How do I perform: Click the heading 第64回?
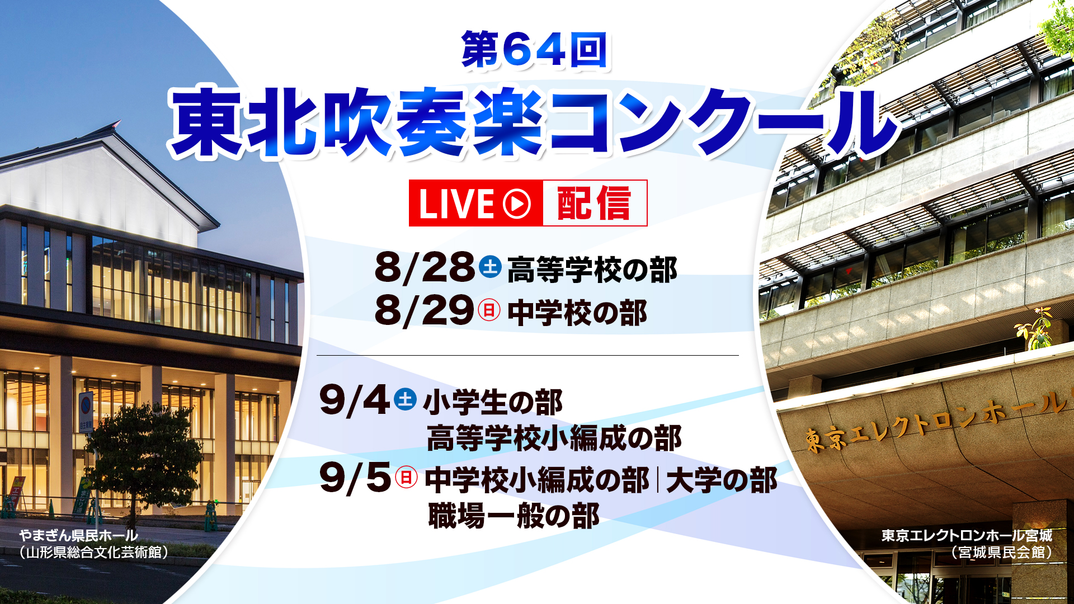(534, 50)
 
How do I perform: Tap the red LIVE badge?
(475, 203)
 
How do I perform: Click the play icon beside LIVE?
(517, 203)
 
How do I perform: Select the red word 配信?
(594, 203)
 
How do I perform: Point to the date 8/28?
(425, 267)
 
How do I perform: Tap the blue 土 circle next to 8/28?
(491, 266)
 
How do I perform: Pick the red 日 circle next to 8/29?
(489, 310)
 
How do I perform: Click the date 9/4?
(355, 401)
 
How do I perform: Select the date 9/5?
(355, 479)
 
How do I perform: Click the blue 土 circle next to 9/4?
(405, 399)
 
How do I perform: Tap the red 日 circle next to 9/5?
(407, 477)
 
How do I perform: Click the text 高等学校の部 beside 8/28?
(592, 270)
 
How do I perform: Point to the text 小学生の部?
(493, 403)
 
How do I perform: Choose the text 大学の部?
(722, 480)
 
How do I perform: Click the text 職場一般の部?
(514, 516)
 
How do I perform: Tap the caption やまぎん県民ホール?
(78, 535)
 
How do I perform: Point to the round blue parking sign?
(86, 404)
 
